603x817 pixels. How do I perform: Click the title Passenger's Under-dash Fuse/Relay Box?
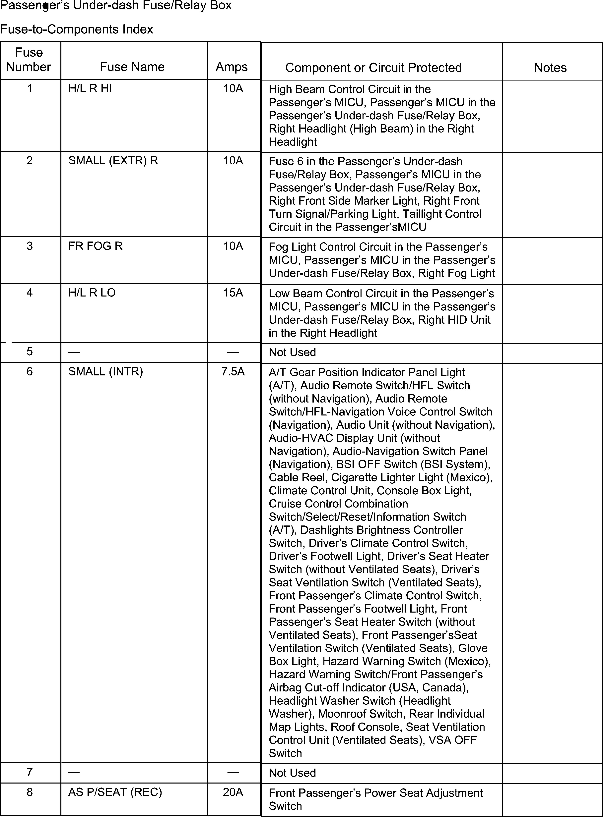[x=116, y=6]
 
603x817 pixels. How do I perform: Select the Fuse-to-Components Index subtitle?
[x=77, y=29]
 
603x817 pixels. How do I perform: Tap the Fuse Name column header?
[x=132, y=67]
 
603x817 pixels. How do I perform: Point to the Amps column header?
[x=232, y=67]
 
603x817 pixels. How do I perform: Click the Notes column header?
[x=550, y=68]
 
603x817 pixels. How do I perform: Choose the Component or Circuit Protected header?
[x=373, y=68]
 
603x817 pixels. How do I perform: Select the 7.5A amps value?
[x=233, y=372]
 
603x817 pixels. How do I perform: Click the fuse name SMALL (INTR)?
[x=105, y=372]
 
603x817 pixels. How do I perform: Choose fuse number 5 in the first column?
[x=30, y=352]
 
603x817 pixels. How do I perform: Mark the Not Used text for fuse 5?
[x=292, y=352]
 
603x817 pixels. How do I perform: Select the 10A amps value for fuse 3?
[x=233, y=246]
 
